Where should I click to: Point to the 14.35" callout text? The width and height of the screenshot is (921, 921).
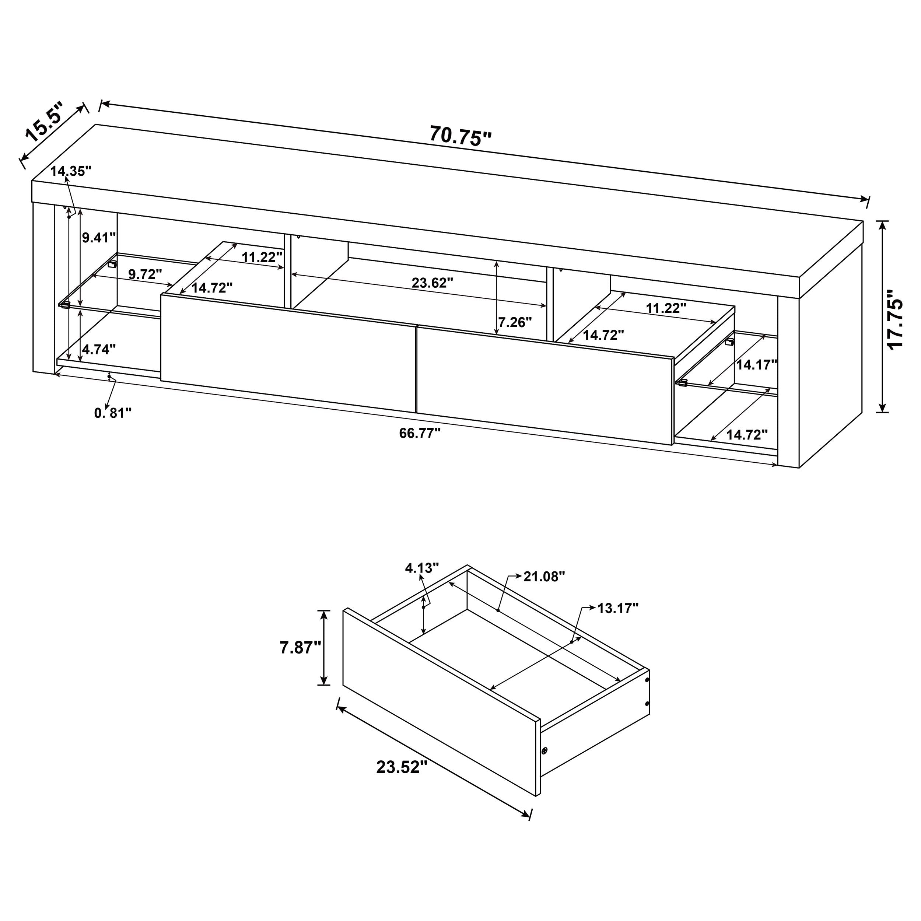point(71,171)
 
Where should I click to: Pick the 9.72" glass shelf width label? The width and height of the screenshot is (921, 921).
point(145,274)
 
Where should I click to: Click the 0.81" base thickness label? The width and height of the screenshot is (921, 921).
point(112,413)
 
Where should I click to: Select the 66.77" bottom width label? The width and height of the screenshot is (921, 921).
point(420,433)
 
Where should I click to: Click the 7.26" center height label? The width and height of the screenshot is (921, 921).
point(515,322)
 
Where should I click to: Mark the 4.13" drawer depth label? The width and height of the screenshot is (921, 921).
point(421,568)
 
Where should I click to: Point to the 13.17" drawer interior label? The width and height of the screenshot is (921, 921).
point(618,608)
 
